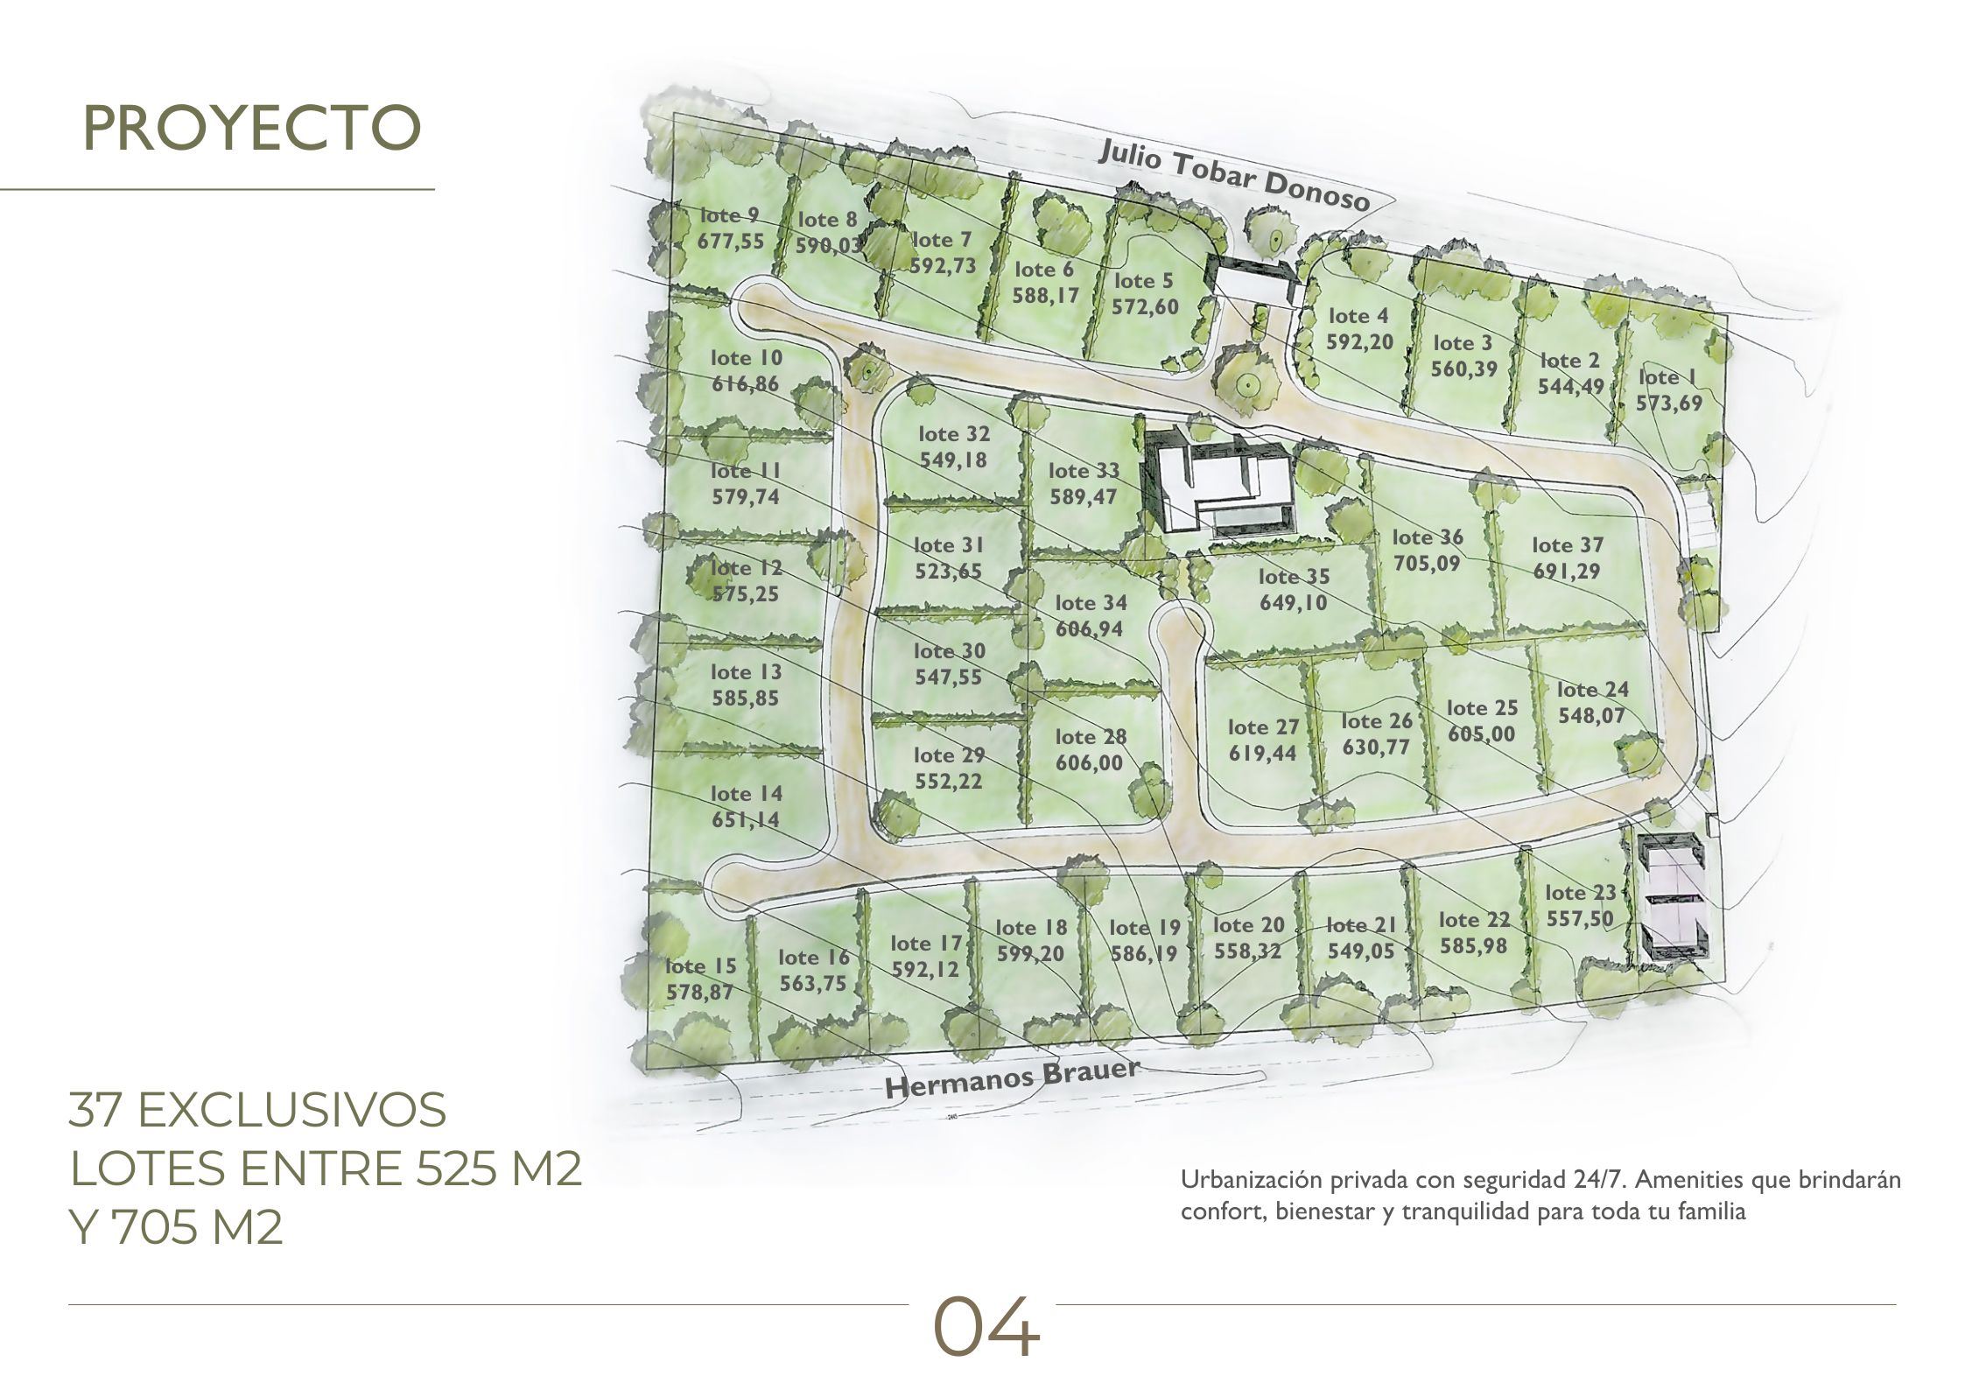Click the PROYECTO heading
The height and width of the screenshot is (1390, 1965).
(x=252, y=128)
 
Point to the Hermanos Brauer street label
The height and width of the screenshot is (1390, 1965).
(x=1013, y=1078)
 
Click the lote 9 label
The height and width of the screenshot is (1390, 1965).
(x=730, y=215)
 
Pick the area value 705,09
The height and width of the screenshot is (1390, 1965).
(x=1427, y=563)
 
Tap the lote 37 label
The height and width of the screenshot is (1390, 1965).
(x=1568, y=545)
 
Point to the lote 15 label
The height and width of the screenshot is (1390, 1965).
(x=701, y=966)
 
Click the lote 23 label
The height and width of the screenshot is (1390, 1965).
(x=1580, y=893)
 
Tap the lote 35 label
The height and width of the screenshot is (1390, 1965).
(x=1295, y=577)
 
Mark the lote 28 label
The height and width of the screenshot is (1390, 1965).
(x=1091, y=737)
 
